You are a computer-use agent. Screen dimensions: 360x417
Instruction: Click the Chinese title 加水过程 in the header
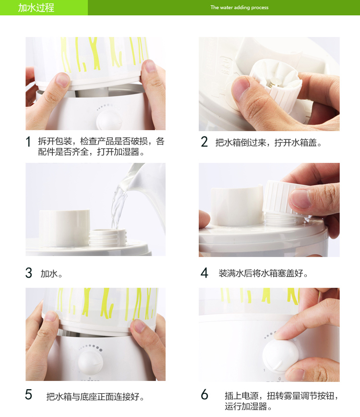pyautogui.click(x=36, y=8)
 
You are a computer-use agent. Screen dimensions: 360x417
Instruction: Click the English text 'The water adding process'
pyautogui.click(x=240, y=8)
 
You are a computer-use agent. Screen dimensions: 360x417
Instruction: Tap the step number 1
pyautogui.click(x=28, y=142)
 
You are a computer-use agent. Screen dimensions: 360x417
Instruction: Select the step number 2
pyautogui.click(x=204, y=141)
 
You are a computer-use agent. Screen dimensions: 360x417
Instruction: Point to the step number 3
pyautogui.click(x=29, y=273)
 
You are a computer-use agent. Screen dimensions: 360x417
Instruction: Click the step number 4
pyautogui.click(x=204, y=273)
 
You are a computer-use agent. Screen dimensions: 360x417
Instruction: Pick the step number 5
pyautogui.click(x=29, y=395)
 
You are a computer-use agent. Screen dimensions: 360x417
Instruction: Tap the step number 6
pyautogui.click(x=204, y=394)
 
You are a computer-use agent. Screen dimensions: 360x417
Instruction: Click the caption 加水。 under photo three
pyautogui.click(x=51, y=274)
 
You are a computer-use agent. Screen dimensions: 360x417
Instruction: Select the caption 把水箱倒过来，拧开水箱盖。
pyautogui.click(x=269, y=143)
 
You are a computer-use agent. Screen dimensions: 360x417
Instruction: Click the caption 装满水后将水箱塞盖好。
pyautogui.click(x=263, y=273)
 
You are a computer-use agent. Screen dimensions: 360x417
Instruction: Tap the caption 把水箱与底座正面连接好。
pyautogui.click(x=96, y=396)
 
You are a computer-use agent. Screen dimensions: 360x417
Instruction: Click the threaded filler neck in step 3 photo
pyautogui.click(x=108, y=237)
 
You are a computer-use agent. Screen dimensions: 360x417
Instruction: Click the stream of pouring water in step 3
pyautogui.click(x=118, y=208)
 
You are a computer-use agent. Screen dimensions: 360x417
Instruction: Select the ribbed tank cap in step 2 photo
pyautogui.click(x=276, y=83)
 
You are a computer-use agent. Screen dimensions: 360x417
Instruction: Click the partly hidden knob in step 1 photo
pyautogui.click(x=109, y=120)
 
